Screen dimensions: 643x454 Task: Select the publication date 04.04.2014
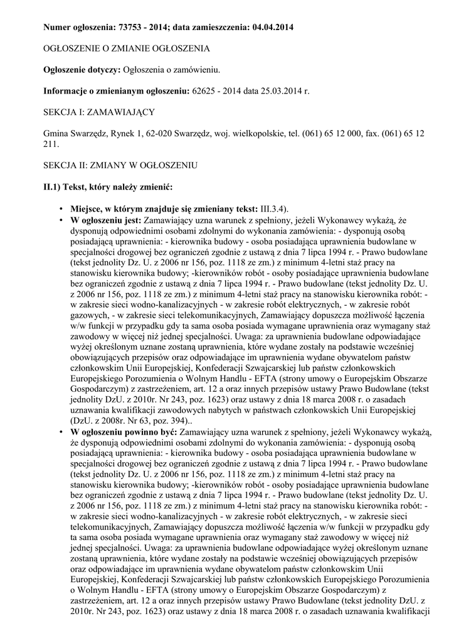tap(272, 28)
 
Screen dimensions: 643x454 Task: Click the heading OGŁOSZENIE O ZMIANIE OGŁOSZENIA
tap(126, 48)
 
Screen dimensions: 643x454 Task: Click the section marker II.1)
tap(53, 186)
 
